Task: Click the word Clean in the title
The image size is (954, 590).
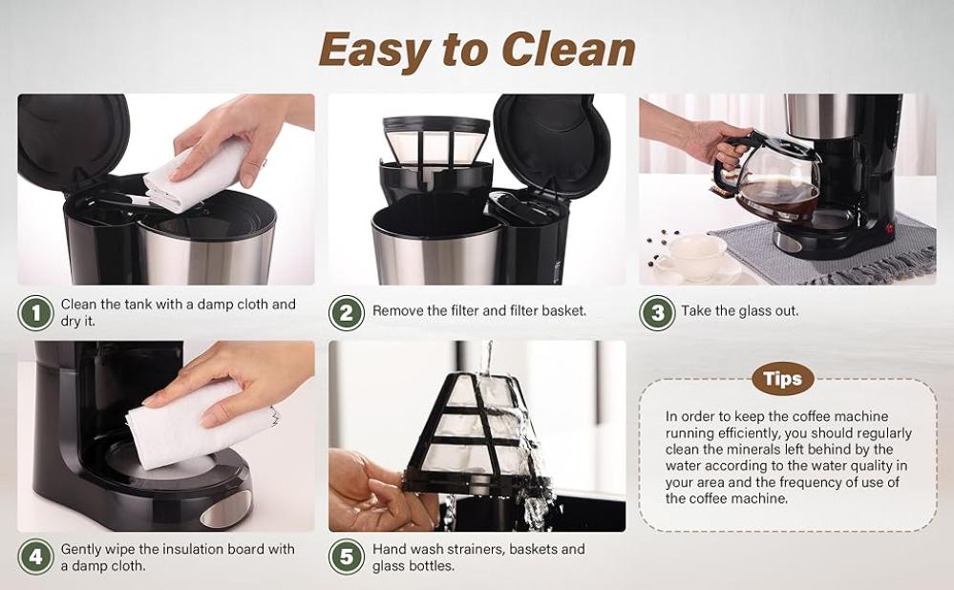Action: coord(569,50)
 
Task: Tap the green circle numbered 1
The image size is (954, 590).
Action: coord(36,313)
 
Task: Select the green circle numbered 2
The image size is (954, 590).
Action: coord(347,313)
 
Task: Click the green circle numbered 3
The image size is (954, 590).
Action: coord(657,313)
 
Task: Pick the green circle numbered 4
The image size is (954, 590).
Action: coord(36,558)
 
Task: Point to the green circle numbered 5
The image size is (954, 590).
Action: coord(347,558)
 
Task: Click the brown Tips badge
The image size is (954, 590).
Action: coord(782,379)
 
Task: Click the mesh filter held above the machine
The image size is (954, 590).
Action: coord(435,141)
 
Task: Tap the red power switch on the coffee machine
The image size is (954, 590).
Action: coord(890,229)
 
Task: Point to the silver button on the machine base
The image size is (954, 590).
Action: coord(225,509)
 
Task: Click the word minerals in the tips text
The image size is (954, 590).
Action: coord(773,450)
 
